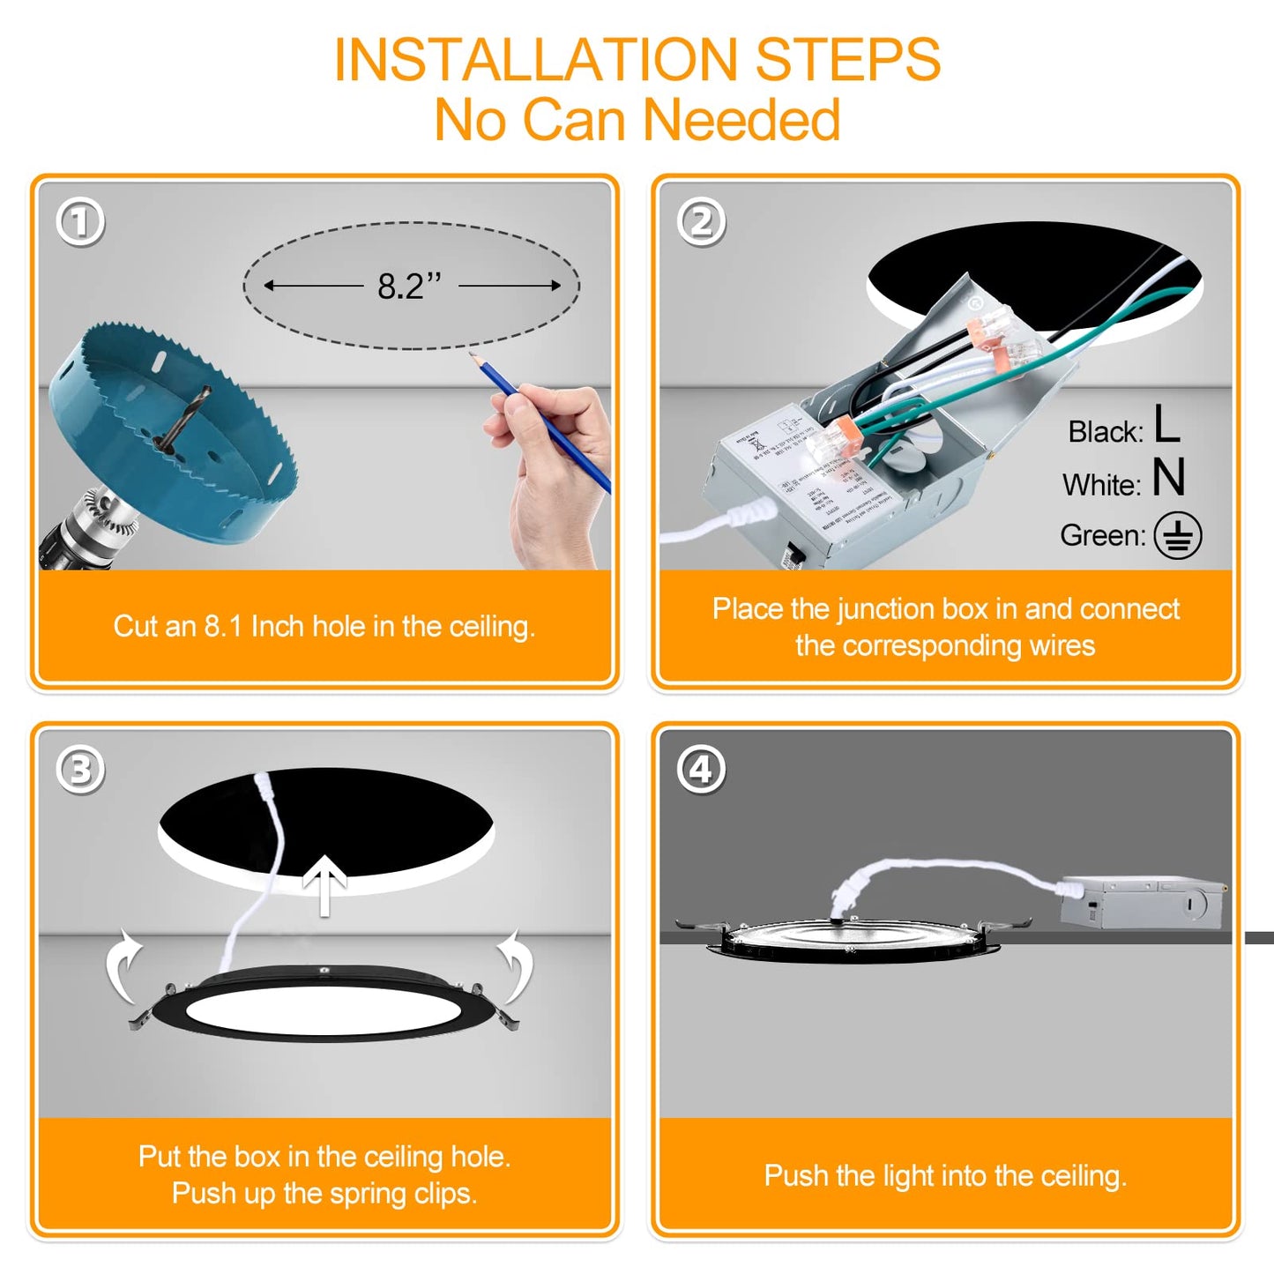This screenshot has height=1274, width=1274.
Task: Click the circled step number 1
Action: [x=80, y=222]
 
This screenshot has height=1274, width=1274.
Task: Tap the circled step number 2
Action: [x=702, y=222]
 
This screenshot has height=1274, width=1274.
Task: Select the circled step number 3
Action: [x=80, y=771]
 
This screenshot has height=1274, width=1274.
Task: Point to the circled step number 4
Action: [x=702, y=771]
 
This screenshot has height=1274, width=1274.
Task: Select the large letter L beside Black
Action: [x=1166, y=424]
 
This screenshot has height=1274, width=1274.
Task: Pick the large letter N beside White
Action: [x=1169, y=478]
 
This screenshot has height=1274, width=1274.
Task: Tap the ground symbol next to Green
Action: [x=1179, y=535]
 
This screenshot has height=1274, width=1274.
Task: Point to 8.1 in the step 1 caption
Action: [x=223, y=627]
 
